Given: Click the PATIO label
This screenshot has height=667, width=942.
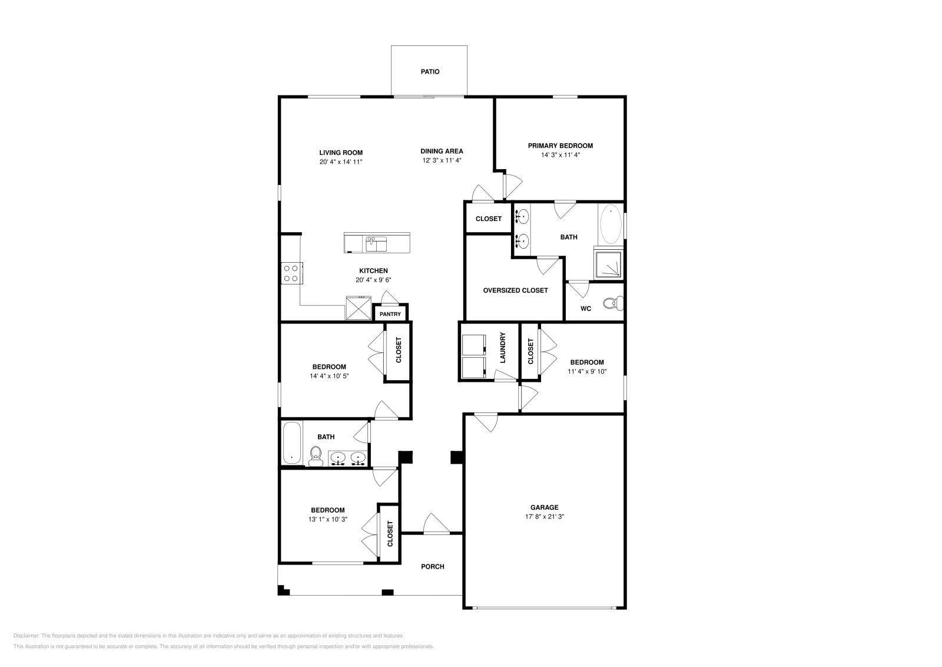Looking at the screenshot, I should pyautogui.click(x=430, y=72).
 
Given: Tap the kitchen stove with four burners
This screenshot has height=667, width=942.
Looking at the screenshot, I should pyautogui.click(x=291, y=273).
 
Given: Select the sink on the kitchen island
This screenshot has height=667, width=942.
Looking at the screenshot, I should pyautogui.click(x=375, y=243).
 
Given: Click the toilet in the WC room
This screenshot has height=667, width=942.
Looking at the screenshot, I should pyautogui.click(x=613, y=304).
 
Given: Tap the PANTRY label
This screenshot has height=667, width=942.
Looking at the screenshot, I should pyautogui.click(x=390, y=315).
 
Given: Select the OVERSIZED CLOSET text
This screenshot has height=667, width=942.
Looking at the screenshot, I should pyautogui.click(x=515, y=290).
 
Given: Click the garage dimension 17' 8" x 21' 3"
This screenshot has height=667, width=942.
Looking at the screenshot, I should pyautogui.click(x=544, y=517).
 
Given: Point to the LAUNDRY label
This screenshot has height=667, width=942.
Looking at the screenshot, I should pyautogui.click(x=503, y=348).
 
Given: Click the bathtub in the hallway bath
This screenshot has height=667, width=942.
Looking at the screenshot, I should pyautogui.click(x=291, y=443).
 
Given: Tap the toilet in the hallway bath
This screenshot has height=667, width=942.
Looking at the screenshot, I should pyautogui.click(x=316, y=455).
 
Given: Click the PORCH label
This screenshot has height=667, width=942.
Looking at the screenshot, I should pyautogui.click(x=432, y=567).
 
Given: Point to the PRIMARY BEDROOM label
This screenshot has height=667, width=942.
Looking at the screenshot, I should pyautogui.click(x=560, y=146).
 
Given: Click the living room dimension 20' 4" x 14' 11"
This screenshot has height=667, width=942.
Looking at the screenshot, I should pyautogui.click(x=341, y=162).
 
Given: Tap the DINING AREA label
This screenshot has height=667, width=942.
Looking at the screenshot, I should pyautogui.click(x=442, y=151).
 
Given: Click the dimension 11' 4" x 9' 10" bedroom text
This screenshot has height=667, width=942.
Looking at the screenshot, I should pyautogui.click(x=586, y=372).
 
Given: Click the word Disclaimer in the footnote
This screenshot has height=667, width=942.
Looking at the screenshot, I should pyautogui.click(x=25, y=636).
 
